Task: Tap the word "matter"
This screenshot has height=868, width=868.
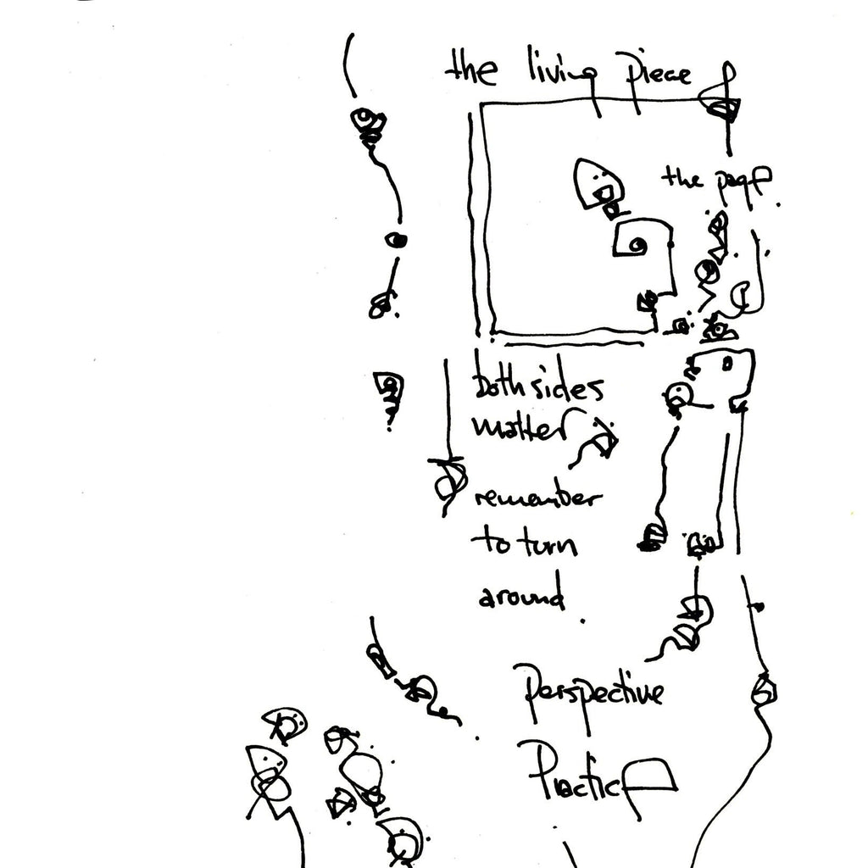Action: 519,428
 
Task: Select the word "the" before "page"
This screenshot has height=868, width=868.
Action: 682,178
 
